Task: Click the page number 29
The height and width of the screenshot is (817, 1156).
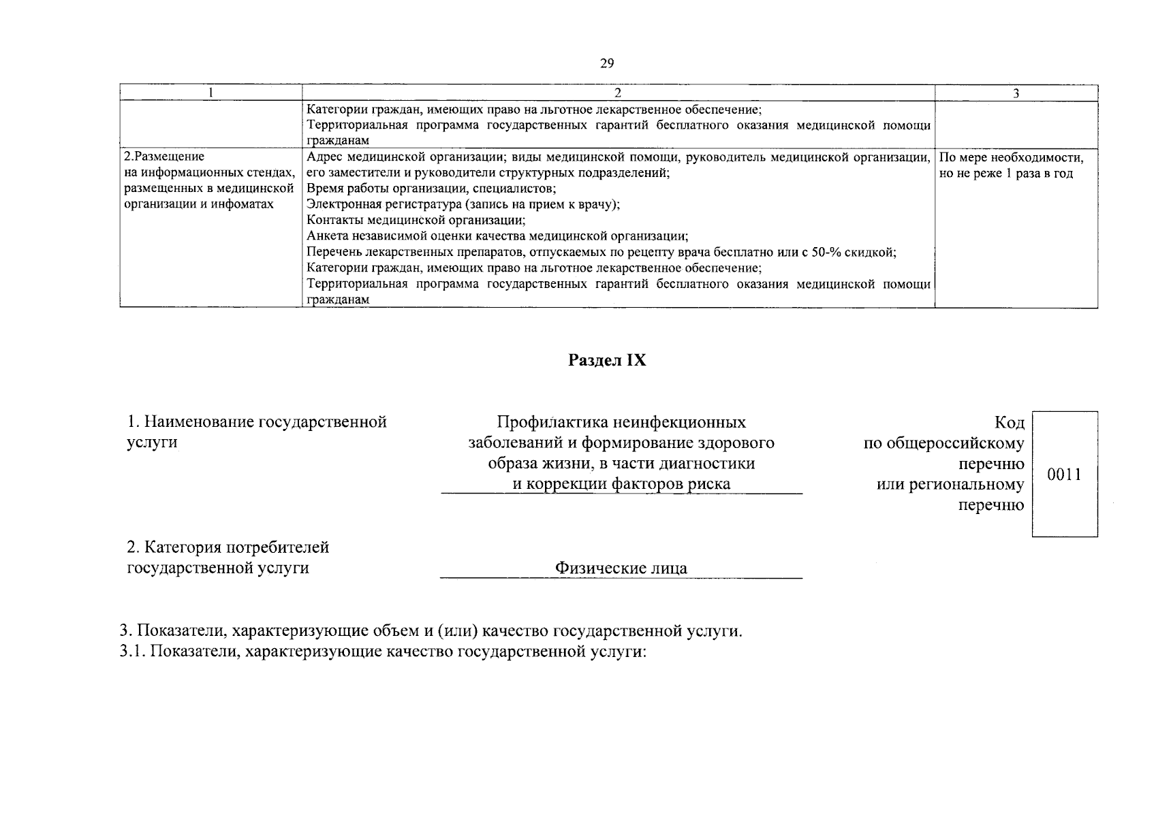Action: [607, 63]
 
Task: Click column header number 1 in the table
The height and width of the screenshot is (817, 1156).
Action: [211, 94]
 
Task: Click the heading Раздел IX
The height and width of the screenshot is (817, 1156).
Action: [607, 361]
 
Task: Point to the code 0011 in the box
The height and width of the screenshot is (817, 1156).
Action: [1064, 475]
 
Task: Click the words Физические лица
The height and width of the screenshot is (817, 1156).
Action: [621, 568]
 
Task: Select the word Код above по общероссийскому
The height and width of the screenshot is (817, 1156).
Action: [1009, 423]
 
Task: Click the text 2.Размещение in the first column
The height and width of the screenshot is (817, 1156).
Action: [165, 157]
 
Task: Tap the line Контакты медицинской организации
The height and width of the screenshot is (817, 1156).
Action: [416, 221]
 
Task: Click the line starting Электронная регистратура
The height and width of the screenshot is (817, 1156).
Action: [463, 205]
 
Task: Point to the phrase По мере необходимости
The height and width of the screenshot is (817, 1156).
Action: [1011, 158]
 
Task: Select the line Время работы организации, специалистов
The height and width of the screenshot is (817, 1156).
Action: [431, 189]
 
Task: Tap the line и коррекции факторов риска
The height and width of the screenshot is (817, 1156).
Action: [621, 483]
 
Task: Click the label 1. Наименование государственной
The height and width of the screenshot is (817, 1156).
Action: [257, 422]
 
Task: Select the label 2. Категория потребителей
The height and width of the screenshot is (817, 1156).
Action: [228, 547]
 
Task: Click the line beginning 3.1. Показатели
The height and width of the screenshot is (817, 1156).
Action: [381, 652]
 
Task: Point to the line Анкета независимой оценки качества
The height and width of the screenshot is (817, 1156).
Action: [497, 237]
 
